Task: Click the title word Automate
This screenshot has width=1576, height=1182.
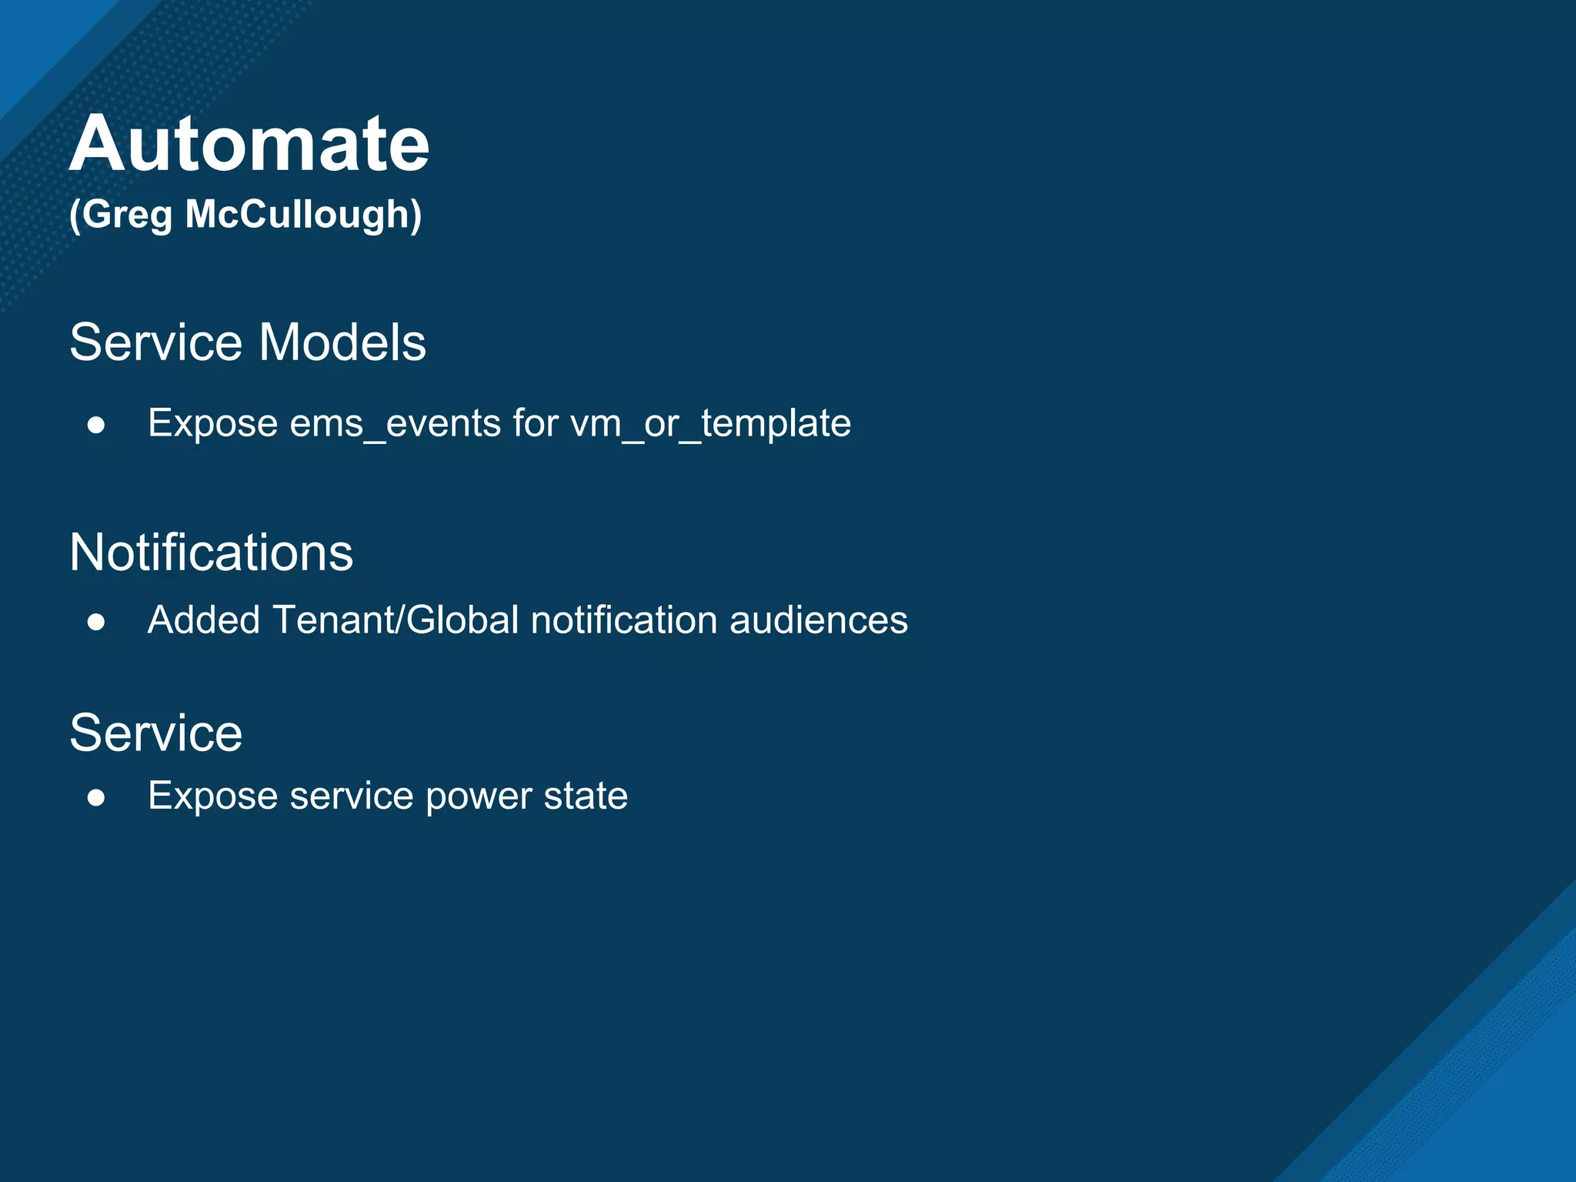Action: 249,144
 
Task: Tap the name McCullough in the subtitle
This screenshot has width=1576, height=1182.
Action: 302,214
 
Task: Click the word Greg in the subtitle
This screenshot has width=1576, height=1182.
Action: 126,215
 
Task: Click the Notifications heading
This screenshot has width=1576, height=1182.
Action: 211,553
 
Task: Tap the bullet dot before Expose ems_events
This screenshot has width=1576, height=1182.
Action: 96,426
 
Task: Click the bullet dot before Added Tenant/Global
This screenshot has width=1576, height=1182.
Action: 96,622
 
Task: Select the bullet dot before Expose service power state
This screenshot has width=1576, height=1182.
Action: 96,798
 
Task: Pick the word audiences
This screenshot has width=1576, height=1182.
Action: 818,620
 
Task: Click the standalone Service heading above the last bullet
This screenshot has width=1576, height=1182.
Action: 156,733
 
